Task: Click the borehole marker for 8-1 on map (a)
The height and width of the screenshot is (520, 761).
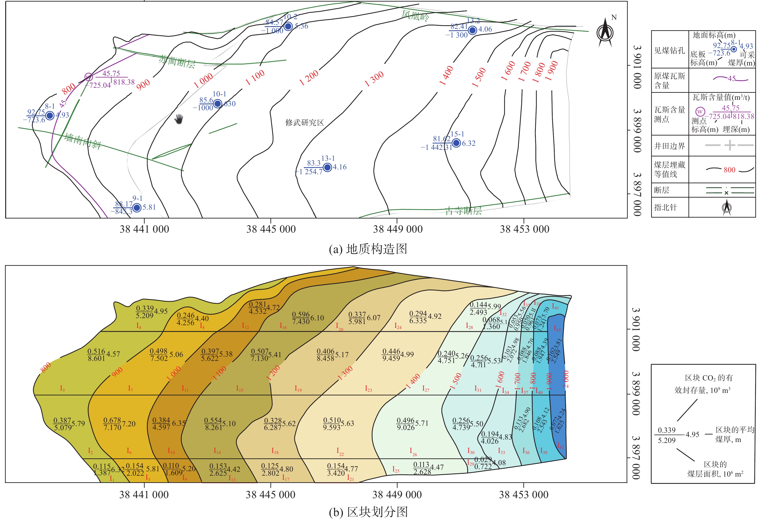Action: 50,116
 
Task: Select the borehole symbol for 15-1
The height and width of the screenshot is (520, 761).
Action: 456,143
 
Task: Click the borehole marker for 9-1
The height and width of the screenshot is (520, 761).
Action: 137,207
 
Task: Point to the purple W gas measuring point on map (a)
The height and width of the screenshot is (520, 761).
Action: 88,77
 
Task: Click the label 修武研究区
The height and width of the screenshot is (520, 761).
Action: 305,123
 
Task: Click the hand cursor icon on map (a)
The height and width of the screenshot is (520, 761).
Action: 179,119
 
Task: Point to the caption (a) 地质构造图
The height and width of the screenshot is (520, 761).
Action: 368,249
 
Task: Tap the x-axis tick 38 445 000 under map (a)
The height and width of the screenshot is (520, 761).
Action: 271,229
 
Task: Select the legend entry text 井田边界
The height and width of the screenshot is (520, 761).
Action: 669,146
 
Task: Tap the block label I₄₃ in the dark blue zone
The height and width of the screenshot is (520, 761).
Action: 557,328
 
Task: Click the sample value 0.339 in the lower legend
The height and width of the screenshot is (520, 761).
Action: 667,430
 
